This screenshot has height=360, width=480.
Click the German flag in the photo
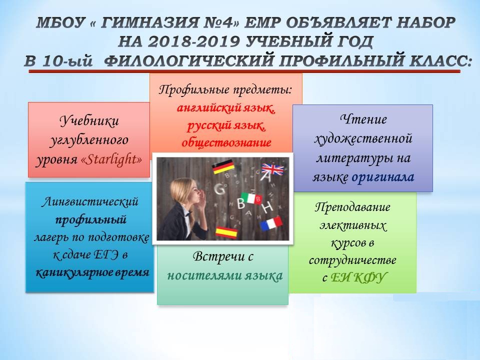click(x=223, y=167)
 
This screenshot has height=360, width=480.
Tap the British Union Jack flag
click(x=272, y=169)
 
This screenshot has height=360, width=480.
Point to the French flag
click(x=271, y=223)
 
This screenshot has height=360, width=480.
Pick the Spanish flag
click(x=226, y=232)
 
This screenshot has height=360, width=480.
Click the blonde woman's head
click(x=183, y=192)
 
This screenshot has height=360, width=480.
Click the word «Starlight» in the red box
click(x=111, y=159)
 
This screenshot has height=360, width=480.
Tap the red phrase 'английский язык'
click(x=226, y=108)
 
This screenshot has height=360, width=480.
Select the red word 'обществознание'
click(x=226, y=142)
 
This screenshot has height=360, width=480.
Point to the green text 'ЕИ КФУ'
click(x=358, y=277)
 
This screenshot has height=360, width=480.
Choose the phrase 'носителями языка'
click(x=225, y=276)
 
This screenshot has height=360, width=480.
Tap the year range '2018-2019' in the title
click(x=193, y=42)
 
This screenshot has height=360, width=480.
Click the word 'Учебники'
click(x=89, y=120)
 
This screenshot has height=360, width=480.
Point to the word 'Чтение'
click(x=363, y=119)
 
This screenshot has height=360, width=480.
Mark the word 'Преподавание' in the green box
click(x=352, y=207)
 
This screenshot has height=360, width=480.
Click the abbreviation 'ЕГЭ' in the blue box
click(x=106, y=255)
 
